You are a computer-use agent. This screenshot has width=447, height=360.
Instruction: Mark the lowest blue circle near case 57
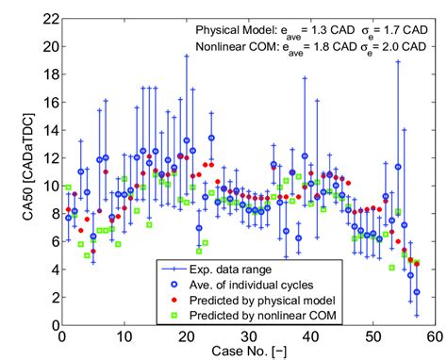[x=416, y=292]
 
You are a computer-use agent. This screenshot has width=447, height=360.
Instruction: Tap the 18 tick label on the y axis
[x=45, y=75]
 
